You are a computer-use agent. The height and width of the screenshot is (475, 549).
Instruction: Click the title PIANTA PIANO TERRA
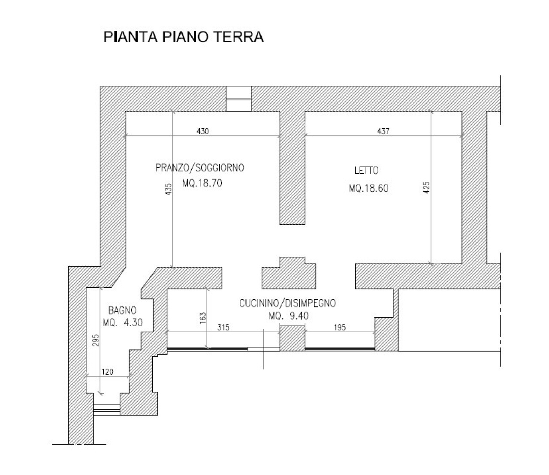point(184,37)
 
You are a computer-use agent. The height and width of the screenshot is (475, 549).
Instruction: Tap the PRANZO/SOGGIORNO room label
point(200,168)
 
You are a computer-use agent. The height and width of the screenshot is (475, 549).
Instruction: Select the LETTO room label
point(366,171)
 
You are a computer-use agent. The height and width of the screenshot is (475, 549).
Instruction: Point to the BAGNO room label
point(122,310)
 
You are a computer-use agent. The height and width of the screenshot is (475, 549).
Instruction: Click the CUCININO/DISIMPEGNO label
point(287,304)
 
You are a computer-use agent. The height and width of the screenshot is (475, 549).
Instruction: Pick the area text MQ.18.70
point(202,183)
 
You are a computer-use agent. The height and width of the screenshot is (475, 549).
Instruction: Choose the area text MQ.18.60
point(369,188)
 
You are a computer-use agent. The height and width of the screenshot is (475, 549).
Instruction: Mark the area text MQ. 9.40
point(289,317)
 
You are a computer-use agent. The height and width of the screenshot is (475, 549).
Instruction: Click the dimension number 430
point(202,132)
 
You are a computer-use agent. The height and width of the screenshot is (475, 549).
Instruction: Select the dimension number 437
point(383,132)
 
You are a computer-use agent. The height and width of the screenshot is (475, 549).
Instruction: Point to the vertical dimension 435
point(168,189)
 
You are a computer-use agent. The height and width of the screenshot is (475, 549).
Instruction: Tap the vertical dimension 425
point(427,187)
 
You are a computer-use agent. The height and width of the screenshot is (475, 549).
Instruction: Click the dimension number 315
point(223,328)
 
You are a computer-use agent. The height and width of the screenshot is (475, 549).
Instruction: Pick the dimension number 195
point(339,328)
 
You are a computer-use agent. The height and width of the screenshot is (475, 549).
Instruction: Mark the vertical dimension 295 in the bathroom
point(96,340)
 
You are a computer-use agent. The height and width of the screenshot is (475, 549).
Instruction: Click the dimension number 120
point(108,372)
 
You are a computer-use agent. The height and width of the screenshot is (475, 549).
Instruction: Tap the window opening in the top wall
point(238,99)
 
